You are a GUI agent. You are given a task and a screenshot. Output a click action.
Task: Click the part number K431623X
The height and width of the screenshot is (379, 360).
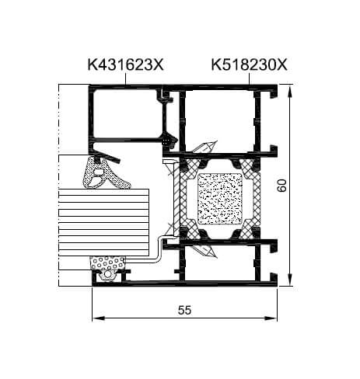126,64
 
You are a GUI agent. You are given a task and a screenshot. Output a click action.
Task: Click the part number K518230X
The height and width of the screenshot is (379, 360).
250,64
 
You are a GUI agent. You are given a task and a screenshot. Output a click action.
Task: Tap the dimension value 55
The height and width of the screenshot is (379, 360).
184,310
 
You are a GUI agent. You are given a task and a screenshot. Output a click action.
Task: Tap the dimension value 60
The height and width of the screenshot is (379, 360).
281,186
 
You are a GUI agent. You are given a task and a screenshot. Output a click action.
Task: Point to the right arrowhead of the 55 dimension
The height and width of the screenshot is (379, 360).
271,318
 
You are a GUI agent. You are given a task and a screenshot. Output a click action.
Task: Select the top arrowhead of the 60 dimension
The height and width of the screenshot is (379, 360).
289,91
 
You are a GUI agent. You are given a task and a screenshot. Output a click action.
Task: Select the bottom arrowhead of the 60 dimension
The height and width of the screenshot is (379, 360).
289,280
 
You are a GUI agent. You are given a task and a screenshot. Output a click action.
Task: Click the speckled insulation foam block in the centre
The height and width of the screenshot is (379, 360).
220,199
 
